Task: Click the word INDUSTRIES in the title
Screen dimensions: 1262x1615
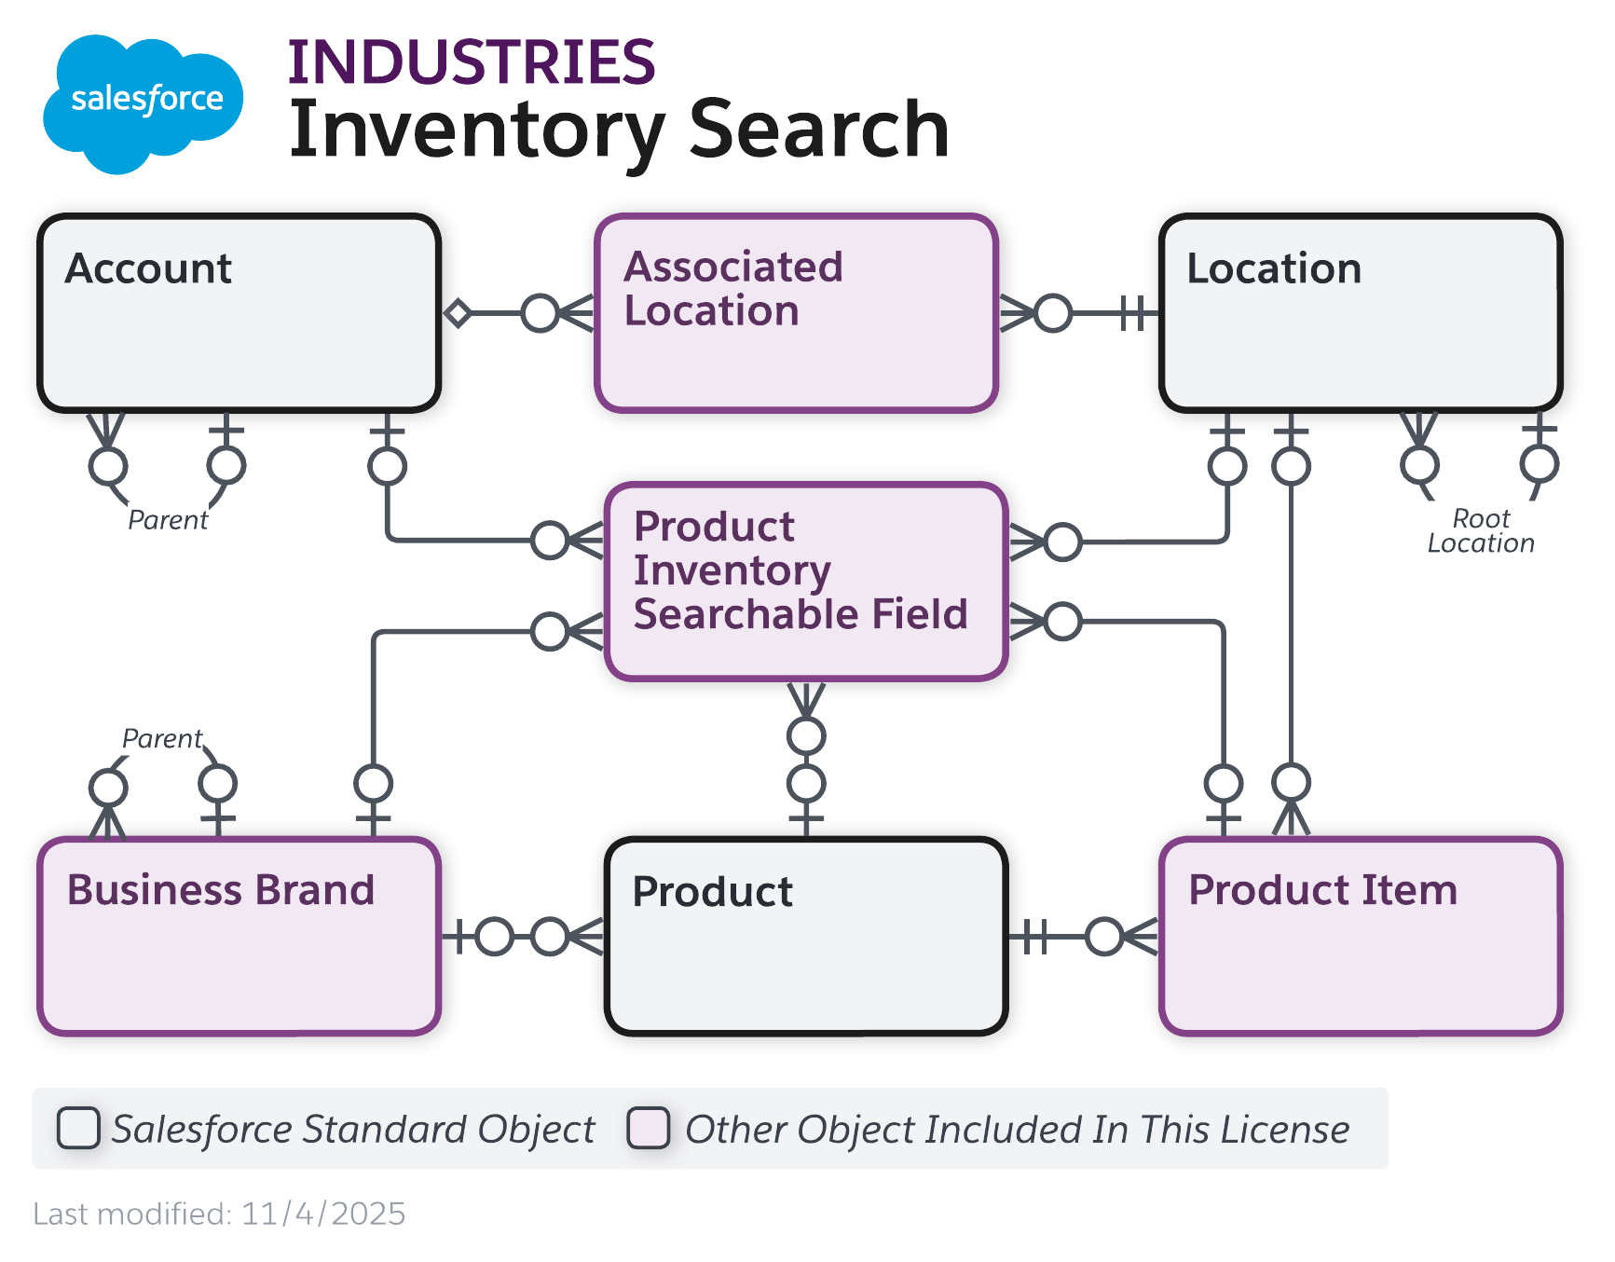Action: [471, 62]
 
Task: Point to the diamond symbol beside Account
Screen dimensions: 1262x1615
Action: [458, 313]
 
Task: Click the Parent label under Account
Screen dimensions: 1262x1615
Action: [168, 520]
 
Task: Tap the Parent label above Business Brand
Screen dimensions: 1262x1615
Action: [162, 739]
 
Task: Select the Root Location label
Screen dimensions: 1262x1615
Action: [1480, 531]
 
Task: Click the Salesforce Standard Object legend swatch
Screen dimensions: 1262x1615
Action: [78, 1128]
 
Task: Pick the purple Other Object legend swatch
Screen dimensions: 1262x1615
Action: [648, 1128]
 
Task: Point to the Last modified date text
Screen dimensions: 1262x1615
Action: [219, 1214]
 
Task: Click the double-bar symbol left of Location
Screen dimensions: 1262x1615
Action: [1132, 313]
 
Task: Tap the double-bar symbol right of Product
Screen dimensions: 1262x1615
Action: [1034, 936]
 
